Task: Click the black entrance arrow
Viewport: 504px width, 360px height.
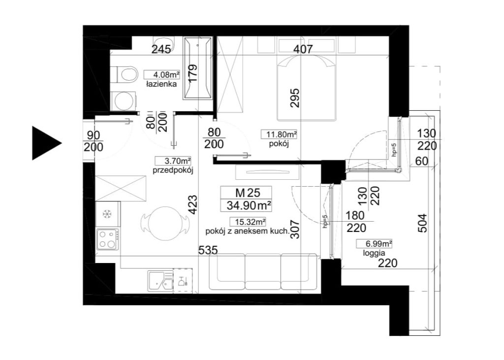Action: click(x=45, y=143)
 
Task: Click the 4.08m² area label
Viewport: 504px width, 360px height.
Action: click(x=161, y=75)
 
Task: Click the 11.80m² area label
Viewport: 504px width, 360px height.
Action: click(x=279, y=134)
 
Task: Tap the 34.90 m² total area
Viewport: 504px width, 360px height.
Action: click(x=249, y=205)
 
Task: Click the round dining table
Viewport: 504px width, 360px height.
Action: click(x=165, y=223)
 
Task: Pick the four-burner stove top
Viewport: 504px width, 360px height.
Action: click(x=108, y=239)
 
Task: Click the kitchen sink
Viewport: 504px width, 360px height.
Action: click(x=160, y=281)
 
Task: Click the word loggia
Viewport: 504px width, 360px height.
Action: click(x=374, y=253)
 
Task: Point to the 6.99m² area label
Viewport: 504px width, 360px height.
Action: click(x=374, y=244)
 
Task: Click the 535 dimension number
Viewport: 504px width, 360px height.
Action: click(x=208, y=250)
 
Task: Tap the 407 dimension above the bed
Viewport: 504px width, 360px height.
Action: click(x=302, y=49)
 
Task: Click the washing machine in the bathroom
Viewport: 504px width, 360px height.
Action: click(x=124, y=100)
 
